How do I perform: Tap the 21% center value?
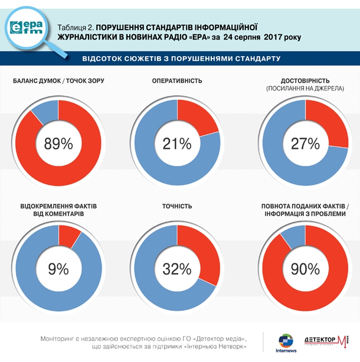pyautogui.click(x=178, y=144)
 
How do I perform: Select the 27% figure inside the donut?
pyautogui.click(x=305, y=144)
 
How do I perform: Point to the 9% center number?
pyautogui.click(x=58, y=269)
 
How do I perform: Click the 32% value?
pyautogui.click(x=178, y=269)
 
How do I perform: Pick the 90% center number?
pyautogui.click(x=305, y=269)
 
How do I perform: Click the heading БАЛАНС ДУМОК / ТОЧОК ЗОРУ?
pyautogui.click(x=58, y=80)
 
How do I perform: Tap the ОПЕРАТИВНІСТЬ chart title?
pyautogui.click(x=177, y=80)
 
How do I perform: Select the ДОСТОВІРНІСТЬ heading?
pyautogui.click(x=305, y=80)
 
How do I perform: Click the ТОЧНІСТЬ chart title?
pyautogui.click(x=177, y=206)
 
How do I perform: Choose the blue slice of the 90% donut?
pyautogui.click(x=293, y=236)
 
